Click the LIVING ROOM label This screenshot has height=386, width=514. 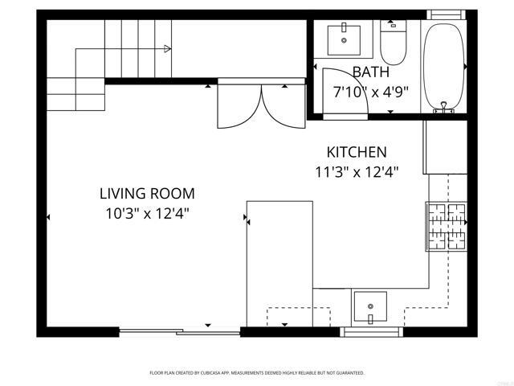[x=147, y=193]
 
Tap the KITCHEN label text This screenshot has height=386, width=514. [x=357, y=152]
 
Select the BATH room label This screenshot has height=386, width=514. [x=370, y=72]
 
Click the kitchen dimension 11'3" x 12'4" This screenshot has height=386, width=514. [x=357, y=171]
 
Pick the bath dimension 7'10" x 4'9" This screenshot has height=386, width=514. [x=370, y=91]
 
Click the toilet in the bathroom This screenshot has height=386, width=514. [x=394, y=44]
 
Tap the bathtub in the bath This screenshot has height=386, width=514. [x=444, y=64]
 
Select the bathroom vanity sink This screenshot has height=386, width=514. [x=345, y=37]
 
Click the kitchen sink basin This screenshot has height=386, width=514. [x=369, y=306]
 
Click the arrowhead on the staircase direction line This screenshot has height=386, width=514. [x=167, y=49]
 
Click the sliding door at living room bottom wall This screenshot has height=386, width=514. [x=185, y=331]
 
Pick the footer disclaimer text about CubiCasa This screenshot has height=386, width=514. [x=257, y=373]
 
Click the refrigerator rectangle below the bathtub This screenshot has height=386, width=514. [x=445, y=146]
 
